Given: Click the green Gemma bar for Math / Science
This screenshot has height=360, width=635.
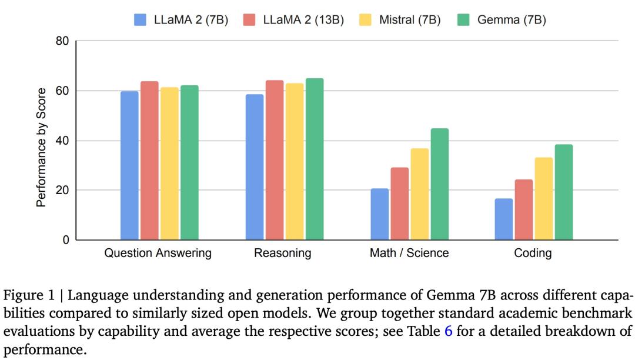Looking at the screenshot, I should pos(439,184).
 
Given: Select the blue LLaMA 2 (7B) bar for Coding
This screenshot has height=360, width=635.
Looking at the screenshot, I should pos(504,219).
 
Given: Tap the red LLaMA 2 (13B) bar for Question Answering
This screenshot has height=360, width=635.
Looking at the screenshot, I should pos(149,161).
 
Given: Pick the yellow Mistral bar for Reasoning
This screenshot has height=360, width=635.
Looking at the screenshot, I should pos(295,162).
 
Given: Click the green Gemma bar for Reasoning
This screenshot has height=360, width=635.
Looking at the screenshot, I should pos(315,159).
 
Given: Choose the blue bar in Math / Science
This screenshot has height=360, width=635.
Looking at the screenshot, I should pos(379,214).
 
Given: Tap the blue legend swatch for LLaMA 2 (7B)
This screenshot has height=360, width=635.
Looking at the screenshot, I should pos(141,20).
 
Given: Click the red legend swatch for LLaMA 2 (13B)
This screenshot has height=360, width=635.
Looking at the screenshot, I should pos(250,20).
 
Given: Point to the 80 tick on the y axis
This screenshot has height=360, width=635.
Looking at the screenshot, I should pos(62,42).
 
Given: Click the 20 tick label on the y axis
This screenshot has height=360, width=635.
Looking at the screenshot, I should pos(62,191).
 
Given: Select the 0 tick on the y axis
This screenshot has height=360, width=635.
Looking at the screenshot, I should pos(65,240).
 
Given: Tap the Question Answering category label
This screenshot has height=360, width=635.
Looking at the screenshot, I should pos(158,254).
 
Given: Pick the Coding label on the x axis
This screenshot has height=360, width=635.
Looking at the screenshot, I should pos(533,254).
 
